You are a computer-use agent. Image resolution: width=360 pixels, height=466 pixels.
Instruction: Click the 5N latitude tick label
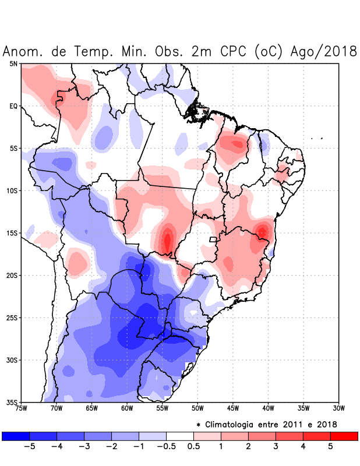coord(13,63)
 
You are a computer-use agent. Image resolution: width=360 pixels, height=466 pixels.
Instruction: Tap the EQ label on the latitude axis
coord(13,106)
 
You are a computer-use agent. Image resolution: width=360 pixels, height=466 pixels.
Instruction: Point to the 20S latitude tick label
coord(12,276)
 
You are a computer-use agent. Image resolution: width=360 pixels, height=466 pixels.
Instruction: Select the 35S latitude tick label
coord(12,402)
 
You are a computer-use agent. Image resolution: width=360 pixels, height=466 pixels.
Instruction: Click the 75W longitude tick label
coord(21,408)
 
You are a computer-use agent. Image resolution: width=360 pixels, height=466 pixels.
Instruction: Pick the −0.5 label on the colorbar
coord(165,447)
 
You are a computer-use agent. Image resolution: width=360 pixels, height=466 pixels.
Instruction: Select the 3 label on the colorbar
coord(275,447)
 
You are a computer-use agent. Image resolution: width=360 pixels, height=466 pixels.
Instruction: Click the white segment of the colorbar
coord(180,436)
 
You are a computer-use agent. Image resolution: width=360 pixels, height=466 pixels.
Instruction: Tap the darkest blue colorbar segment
coord(16,436)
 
